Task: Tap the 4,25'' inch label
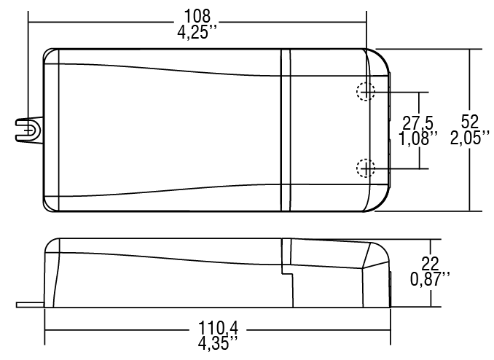[x=197, y=32]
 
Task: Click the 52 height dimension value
[x=469, y=122]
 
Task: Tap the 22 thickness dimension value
[x=431, y=264]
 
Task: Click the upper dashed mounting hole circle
[x=364, y=92]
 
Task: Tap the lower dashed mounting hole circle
[x=364, y=168]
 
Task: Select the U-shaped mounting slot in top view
[x=29, y=130]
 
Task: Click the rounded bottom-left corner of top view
[x=50, y=206]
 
